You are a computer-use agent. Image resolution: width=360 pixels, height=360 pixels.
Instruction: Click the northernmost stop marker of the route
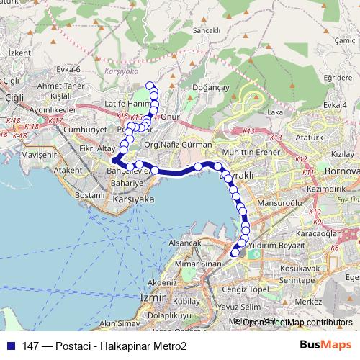pos(150,86)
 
